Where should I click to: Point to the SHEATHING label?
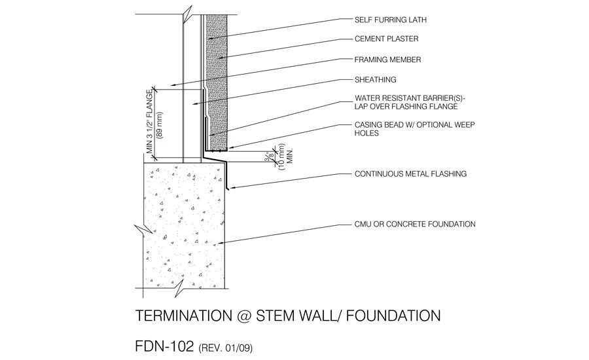[x=376, y=80]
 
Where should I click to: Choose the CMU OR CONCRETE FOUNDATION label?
[x=415, y=225]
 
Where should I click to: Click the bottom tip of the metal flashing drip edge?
[x=227, y=189]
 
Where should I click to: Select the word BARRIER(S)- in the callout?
[x=429, y=98]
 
